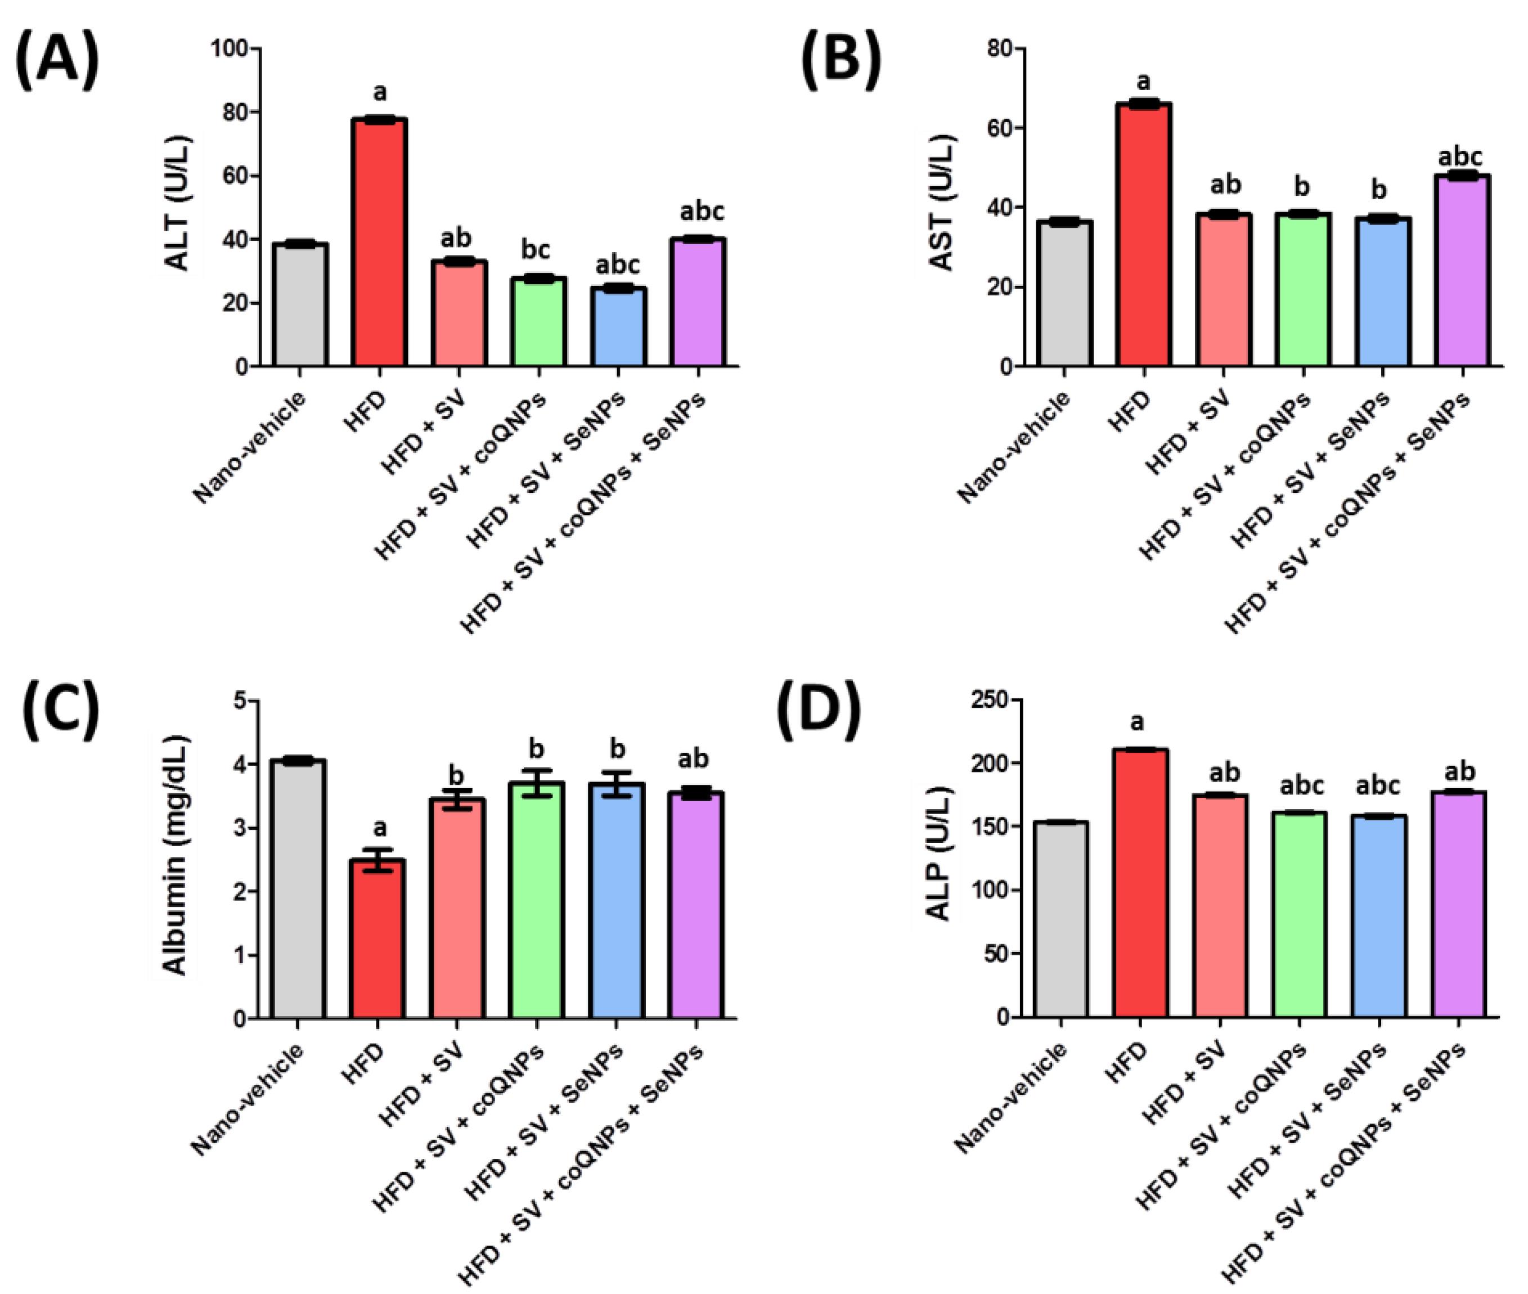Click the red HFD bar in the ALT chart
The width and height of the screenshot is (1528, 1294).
(x=379, y=242)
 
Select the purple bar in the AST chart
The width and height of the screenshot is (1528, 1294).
(x=1463, y=271)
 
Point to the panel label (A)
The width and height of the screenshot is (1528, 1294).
(x=57, y=60)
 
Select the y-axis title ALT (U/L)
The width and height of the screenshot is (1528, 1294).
(x=178, y=203)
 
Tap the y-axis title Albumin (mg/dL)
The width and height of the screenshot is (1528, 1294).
(x=174, y=855)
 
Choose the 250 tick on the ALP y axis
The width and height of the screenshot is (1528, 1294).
(x=990, y=700)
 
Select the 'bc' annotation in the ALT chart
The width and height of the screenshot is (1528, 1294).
(x=536, y=250)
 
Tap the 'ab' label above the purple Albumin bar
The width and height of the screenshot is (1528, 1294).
(x=693, y=759)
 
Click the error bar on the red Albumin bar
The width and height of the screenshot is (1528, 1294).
(x=379, y=860)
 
